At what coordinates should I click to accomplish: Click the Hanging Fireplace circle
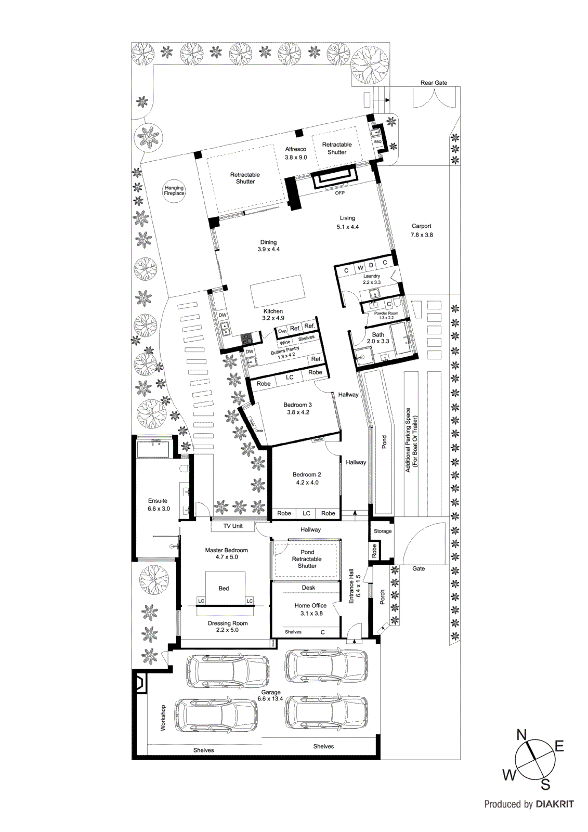pyautogui.click(x=174, y=190)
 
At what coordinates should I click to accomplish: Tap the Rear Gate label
pyautogui.click(x=434, y=83)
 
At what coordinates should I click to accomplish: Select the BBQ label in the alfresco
pyautogui.click(x=377, y=141)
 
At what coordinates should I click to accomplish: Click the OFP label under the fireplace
pyautogui.click(x=339, y=193)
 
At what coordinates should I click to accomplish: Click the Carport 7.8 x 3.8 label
pyautogui.click(x=422, y=230)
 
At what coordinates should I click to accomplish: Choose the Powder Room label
pyautogui.click(x=386, y=314)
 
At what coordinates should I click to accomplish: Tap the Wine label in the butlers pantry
pyautogui.click(x=285, y=343)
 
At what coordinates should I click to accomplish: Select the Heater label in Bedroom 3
pyautogui.click(x=318, y=440)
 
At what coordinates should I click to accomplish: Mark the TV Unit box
pyautogui.click(x=233, y=526)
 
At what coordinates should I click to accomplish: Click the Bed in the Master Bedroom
pyautogui.click(x=224, y=588)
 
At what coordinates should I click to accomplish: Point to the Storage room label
pyautogui.click(x=383, y=531)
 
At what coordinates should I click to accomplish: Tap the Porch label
pyautogui.click(x=383, y=596)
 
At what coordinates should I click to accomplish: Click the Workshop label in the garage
pyautogui.click(x=163, y=718)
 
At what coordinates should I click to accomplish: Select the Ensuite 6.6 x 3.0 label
pyautogui.click(x=158, y=504)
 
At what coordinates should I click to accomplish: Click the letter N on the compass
pyautogui.click(x=521, y=735)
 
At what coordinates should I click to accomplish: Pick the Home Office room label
pyautogui.click(x=310, y=609)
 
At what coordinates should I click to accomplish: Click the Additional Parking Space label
pyautogui.click(x=411, y=439)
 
